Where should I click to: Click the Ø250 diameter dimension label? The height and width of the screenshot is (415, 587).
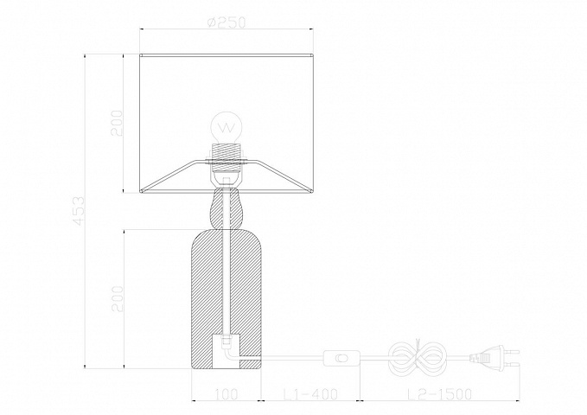click(x=227, y=22)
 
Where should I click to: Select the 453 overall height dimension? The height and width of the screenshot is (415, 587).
click(x=79, y=211)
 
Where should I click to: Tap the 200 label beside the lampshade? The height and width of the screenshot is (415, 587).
click(x=117, y=123)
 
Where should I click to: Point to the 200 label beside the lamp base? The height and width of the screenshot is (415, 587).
click(x=117, y=298)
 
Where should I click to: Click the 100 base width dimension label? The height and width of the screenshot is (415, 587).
click(x=227, y=394)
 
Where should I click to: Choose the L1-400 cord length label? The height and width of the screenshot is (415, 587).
click(x=310, y=394)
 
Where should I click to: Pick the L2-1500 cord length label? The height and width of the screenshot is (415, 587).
click(x=439, y=394)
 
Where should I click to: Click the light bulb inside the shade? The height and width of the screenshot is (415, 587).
click(x=227, y=127)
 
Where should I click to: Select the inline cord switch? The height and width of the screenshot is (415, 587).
click(x=341, y=358)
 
